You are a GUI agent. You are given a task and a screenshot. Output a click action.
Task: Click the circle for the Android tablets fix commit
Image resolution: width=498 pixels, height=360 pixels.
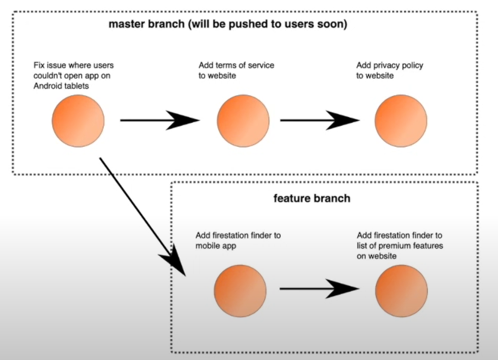(78, 121)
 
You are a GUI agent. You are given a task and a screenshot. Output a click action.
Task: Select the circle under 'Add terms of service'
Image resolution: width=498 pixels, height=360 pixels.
(243, 121)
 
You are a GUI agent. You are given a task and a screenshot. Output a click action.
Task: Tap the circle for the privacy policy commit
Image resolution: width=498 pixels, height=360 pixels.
(400, 121)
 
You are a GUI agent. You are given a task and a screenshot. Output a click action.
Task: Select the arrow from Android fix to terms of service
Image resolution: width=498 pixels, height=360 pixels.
(159, 120)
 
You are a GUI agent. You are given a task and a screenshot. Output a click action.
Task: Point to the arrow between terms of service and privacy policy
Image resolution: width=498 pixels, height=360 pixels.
(319, 120)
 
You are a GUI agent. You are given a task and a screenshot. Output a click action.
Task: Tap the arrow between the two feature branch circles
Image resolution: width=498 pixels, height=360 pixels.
(319, 289)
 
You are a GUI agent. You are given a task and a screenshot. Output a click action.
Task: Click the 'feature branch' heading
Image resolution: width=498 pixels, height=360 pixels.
(311, 199)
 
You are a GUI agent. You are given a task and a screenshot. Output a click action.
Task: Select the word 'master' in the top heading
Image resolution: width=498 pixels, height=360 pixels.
(125, 24)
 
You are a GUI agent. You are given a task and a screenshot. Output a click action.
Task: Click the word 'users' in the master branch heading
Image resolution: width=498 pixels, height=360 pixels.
(306, 24)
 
